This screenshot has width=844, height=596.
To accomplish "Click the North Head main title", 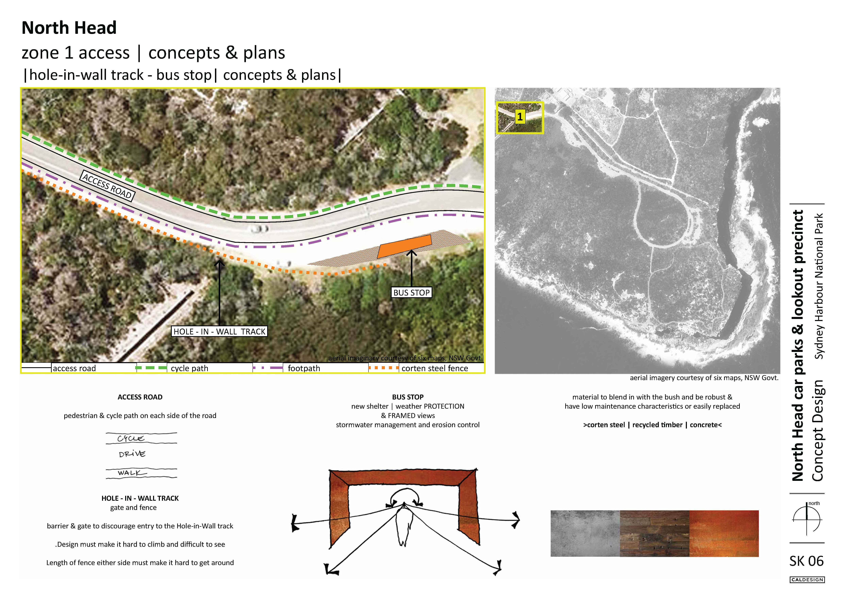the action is [69, 28].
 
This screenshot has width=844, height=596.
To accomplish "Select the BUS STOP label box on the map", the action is [411, 293].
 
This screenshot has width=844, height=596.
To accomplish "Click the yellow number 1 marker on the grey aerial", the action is [519, 117].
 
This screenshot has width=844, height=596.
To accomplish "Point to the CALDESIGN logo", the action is [807, 580].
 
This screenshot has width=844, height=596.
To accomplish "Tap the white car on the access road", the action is [260, 229].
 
